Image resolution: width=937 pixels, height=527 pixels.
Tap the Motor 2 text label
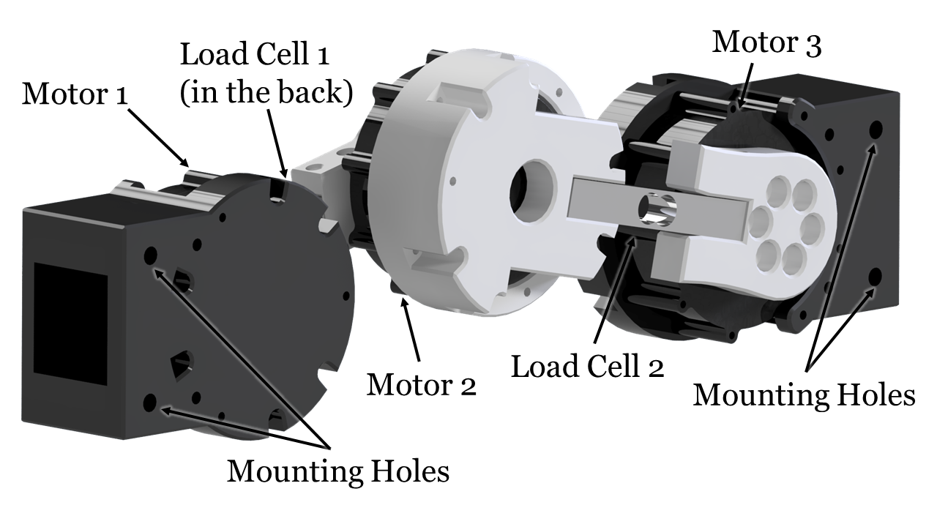[421, 384]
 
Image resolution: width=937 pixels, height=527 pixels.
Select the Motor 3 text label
[767, 42]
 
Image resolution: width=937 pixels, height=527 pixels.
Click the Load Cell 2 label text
[587, 366]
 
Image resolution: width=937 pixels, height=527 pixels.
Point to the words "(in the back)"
[267, 93]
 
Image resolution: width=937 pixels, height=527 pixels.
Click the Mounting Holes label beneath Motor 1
[337, 471]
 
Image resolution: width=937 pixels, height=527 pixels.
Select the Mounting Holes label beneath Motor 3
[804, 395]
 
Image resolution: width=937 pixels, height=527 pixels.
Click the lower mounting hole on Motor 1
[151, 401]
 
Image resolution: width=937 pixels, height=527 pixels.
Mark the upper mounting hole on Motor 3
[874, 130]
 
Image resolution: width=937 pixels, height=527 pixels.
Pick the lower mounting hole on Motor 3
[874, 277]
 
